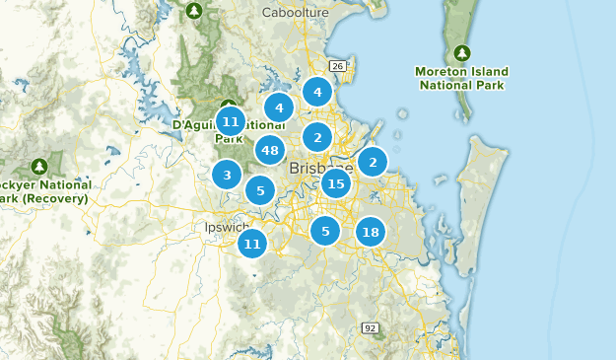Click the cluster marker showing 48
(x=270, y=150)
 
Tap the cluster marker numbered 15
(x=336, y=182)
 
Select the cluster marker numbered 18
(x=370, y=232)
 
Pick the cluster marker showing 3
(x=227, y=176)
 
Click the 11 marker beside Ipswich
(x=252, y=243)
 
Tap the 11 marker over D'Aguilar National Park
(x=230, y=121)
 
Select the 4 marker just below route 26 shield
(x=316, y=93)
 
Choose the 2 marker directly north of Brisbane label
(x=316, y=137)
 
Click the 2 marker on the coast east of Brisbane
(x=372, y=161)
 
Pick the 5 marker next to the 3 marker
(x=259, y=190)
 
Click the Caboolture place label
(x=294, y=13)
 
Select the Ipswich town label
(x=219, y=227)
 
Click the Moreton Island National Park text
(x=463, y=79)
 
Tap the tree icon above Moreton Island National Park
(x=462, y=52)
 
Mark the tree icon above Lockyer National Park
(x=39, y=166)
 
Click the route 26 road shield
(x=337, y=66)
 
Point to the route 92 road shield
(x=370, y=327)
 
